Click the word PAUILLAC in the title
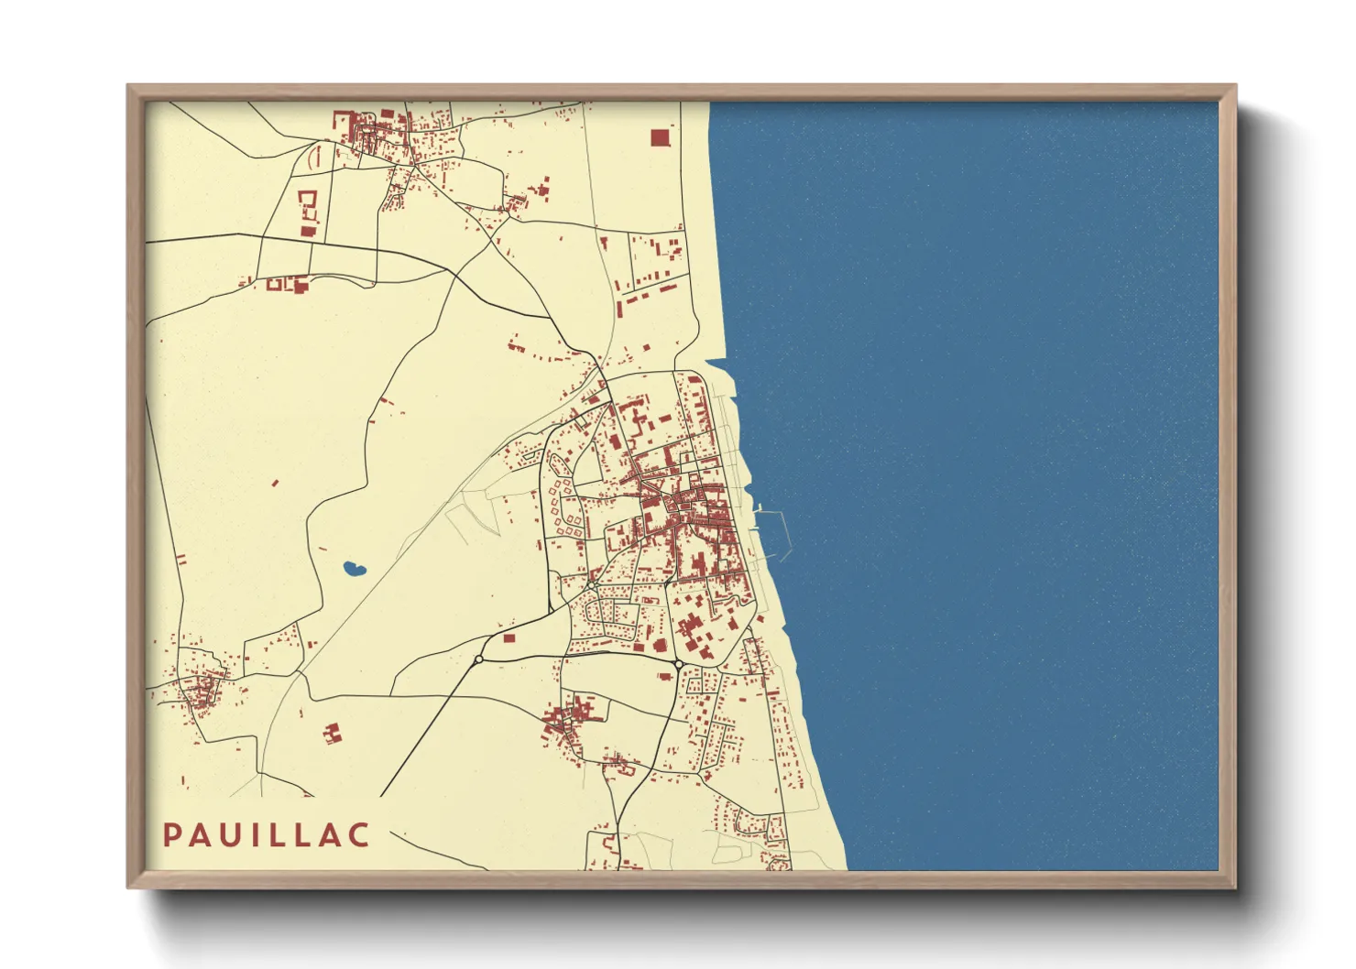click(x=267, y=834)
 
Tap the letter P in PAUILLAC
click(x=171, y=834)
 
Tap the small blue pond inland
click(x=355, y=569)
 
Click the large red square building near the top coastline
click(x=660, y=137)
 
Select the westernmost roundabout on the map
click(x=478, y=659)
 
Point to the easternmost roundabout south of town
click(x=677, y=664)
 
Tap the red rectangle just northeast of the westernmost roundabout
click(x=509, y=638)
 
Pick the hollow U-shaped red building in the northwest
click(x=308, y=202)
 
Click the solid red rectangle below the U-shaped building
click(x=307, y=231)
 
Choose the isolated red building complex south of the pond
click(x=332, y=733)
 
